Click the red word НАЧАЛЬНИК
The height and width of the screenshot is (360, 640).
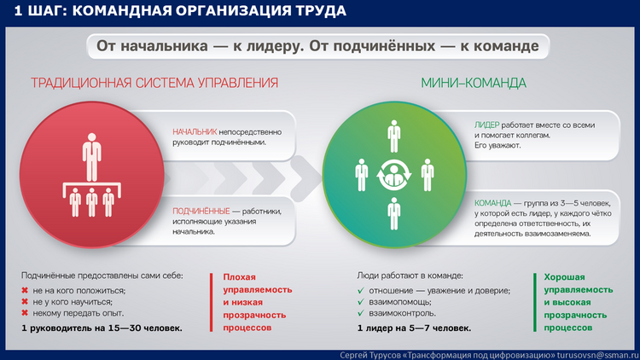tap(195, 132)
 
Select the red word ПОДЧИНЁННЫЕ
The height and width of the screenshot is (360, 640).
tap(201, 211)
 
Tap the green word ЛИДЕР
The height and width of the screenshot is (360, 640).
tap(486, 125)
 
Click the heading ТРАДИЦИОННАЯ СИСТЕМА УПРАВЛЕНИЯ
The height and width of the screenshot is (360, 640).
tap(154, 83)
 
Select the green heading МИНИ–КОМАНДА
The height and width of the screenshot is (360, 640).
tap(474, 83)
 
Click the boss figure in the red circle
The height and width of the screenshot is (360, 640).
tap(92, 157)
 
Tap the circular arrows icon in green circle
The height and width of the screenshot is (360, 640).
tap(394, 175)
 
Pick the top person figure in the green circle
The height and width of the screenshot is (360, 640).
tap(394, 136)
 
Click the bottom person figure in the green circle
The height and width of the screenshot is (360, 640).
tap(394, 213)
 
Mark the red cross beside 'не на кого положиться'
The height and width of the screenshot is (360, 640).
tap(25, 290)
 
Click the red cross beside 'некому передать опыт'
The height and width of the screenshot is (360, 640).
tap(25, 312)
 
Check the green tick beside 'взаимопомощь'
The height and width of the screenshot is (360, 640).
tap(360, 302)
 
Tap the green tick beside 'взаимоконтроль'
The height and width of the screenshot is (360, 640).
tap(360, 313)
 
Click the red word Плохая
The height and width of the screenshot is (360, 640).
tap(239, 276)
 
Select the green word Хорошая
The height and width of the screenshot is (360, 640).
tap(564, 276)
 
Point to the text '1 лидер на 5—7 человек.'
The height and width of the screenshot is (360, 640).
tap(414, 328)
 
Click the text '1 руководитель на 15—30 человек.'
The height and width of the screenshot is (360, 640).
tap(102, 328)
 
